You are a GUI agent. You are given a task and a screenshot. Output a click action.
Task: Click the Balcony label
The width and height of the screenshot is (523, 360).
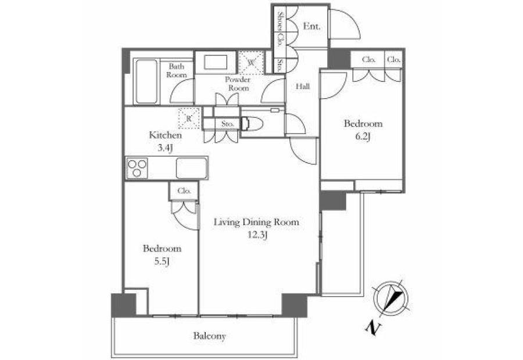point(209,336)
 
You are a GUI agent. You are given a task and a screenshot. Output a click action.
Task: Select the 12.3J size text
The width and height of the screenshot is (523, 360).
point(257,236)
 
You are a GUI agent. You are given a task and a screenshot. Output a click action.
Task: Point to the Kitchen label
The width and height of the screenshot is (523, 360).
point(165,135)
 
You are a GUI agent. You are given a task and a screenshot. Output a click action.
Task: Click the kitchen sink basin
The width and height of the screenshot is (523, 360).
point(192,168)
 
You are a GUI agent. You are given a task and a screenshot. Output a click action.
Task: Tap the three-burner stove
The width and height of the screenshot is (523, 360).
point(137,168)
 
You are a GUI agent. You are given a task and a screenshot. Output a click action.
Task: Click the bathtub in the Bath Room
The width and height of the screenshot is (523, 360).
point(146,82)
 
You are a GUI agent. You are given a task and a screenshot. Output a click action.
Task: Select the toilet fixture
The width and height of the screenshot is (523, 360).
point(252,123)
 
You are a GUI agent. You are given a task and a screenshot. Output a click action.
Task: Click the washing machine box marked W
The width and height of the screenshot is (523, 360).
point(251,62)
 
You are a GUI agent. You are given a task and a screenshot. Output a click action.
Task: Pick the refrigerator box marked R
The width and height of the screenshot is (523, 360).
point(189,118)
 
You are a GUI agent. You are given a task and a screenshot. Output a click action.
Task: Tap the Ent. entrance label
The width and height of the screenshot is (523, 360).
point(311,26)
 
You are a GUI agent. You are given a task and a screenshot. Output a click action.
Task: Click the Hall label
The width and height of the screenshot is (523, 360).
point(303,87)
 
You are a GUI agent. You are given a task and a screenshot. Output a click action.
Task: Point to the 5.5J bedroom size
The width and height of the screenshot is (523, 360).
point(163,261)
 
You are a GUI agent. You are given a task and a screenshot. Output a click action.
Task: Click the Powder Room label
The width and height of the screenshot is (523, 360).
point(238,84)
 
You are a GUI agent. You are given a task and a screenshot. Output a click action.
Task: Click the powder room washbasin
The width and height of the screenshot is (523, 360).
point(215,62)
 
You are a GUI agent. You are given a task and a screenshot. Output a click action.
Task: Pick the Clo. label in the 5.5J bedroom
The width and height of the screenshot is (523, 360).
point(184,191)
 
